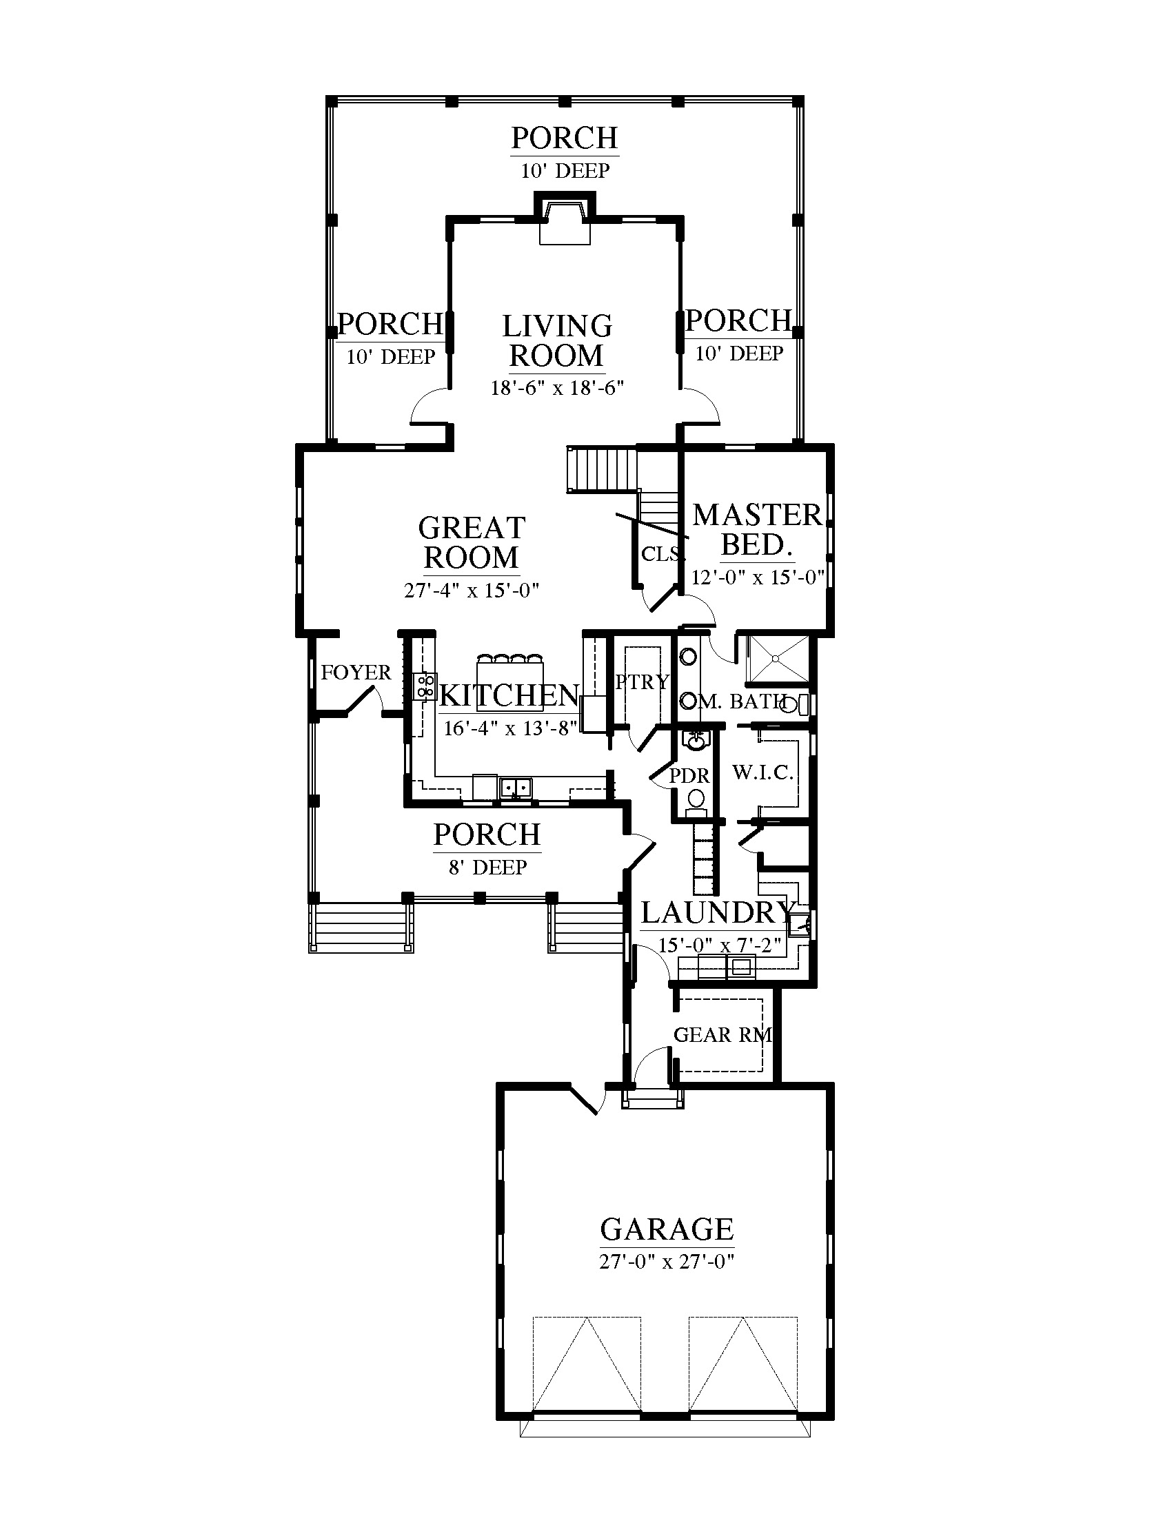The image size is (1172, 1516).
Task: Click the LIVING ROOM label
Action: (x=557, y=341)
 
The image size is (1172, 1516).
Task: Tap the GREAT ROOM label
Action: (x=472, y=543)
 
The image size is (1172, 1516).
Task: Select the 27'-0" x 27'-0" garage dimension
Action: (x=667, y=1261)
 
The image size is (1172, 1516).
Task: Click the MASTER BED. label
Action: (x=758, y=530)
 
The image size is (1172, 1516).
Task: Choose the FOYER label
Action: (x=356, y=672)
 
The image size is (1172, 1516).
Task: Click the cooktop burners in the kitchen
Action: (x=424, y=686)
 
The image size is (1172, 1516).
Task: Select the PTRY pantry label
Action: (x=643, y=682)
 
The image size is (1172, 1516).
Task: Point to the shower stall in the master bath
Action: (x=778, y=658)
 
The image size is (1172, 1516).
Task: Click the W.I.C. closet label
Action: (x=762, y=772)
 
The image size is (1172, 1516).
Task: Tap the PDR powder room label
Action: (x=689, y=776)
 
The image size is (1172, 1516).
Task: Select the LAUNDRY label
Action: (x=717, y=912)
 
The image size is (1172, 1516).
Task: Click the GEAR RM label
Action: (x=723, y=1035)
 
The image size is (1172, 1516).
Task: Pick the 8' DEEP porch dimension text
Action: (x=487, y=867)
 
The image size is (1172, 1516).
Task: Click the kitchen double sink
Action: (x=515, y=787)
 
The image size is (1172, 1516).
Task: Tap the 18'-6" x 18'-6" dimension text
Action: (x=558, y=387)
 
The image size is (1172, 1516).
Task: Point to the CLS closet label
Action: (x=661, y=554)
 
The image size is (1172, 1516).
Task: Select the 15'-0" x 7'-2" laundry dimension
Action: (x=720, y=945)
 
